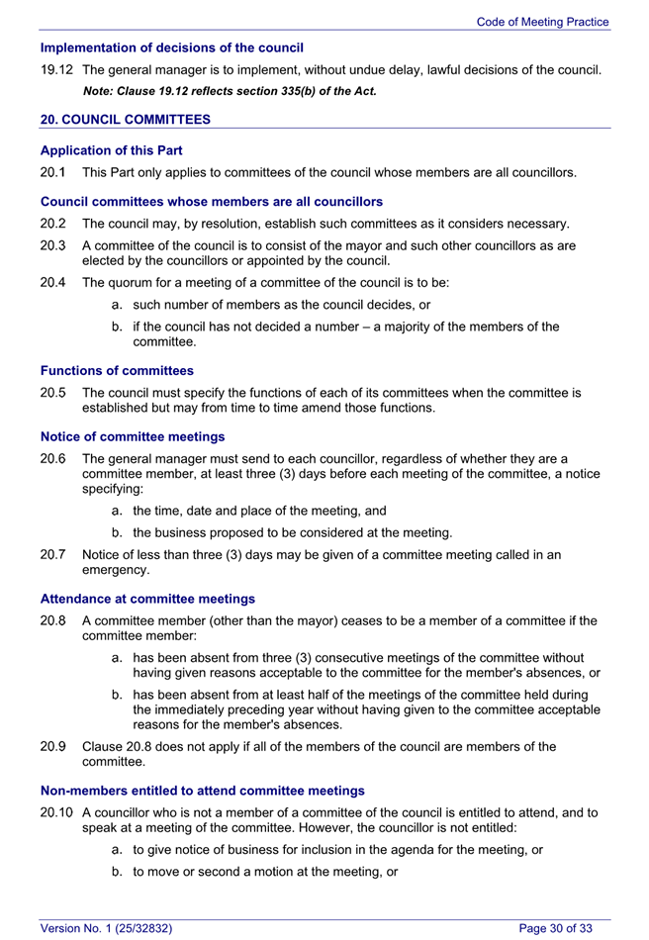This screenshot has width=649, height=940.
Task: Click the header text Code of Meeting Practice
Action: [542, 22]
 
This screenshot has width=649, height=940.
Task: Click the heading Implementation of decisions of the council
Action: [171, 47]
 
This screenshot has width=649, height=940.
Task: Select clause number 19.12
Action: [55, 70]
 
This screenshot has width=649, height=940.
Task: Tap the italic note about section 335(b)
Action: [230, 91]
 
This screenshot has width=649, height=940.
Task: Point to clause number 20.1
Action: [52, 173]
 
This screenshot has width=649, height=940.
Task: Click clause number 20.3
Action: [52, 245]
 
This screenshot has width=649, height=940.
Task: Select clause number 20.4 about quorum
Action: [52, 283]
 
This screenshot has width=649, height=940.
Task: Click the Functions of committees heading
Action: [117, 371]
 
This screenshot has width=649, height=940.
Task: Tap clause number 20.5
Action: [52, 393]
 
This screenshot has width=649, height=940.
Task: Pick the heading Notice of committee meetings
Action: [132, 436]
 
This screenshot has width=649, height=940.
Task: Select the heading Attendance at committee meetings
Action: [147, 599]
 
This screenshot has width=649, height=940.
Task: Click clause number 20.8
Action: [52, 621]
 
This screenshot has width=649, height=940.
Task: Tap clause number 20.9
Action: [52, 747]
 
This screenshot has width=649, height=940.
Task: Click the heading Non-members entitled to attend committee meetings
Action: [202, 791]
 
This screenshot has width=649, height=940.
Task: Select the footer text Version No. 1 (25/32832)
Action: [107, 928]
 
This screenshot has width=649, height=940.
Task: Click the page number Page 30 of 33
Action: [556, 928]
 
